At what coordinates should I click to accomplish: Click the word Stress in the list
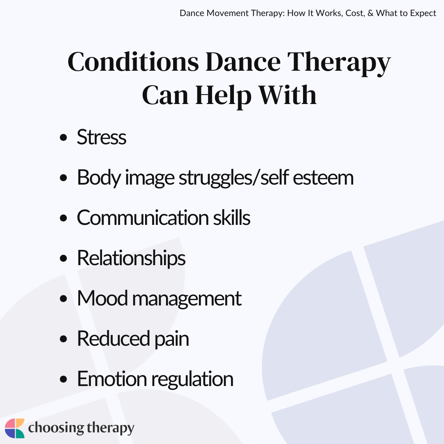(102, 137)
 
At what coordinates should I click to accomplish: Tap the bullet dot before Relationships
(63, 258)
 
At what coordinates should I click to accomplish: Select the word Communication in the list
(143, 218)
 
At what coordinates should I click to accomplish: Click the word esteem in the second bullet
(323, 178)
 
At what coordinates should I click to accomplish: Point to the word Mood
(102, 298)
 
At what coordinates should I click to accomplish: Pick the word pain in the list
(171, 340)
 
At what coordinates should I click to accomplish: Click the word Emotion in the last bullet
(112, 379)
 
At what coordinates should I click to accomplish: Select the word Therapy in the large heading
(339, 63)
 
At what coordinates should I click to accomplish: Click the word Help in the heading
(223, 96)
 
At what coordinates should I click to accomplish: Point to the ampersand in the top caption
(370, 13)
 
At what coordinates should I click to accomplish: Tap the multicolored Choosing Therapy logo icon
(15, 428)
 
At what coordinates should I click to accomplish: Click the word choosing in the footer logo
(56, 428)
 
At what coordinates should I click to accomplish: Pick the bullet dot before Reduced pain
(63, 339)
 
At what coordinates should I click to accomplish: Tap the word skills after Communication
(231, 218)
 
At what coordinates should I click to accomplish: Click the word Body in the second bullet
(99, 178)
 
